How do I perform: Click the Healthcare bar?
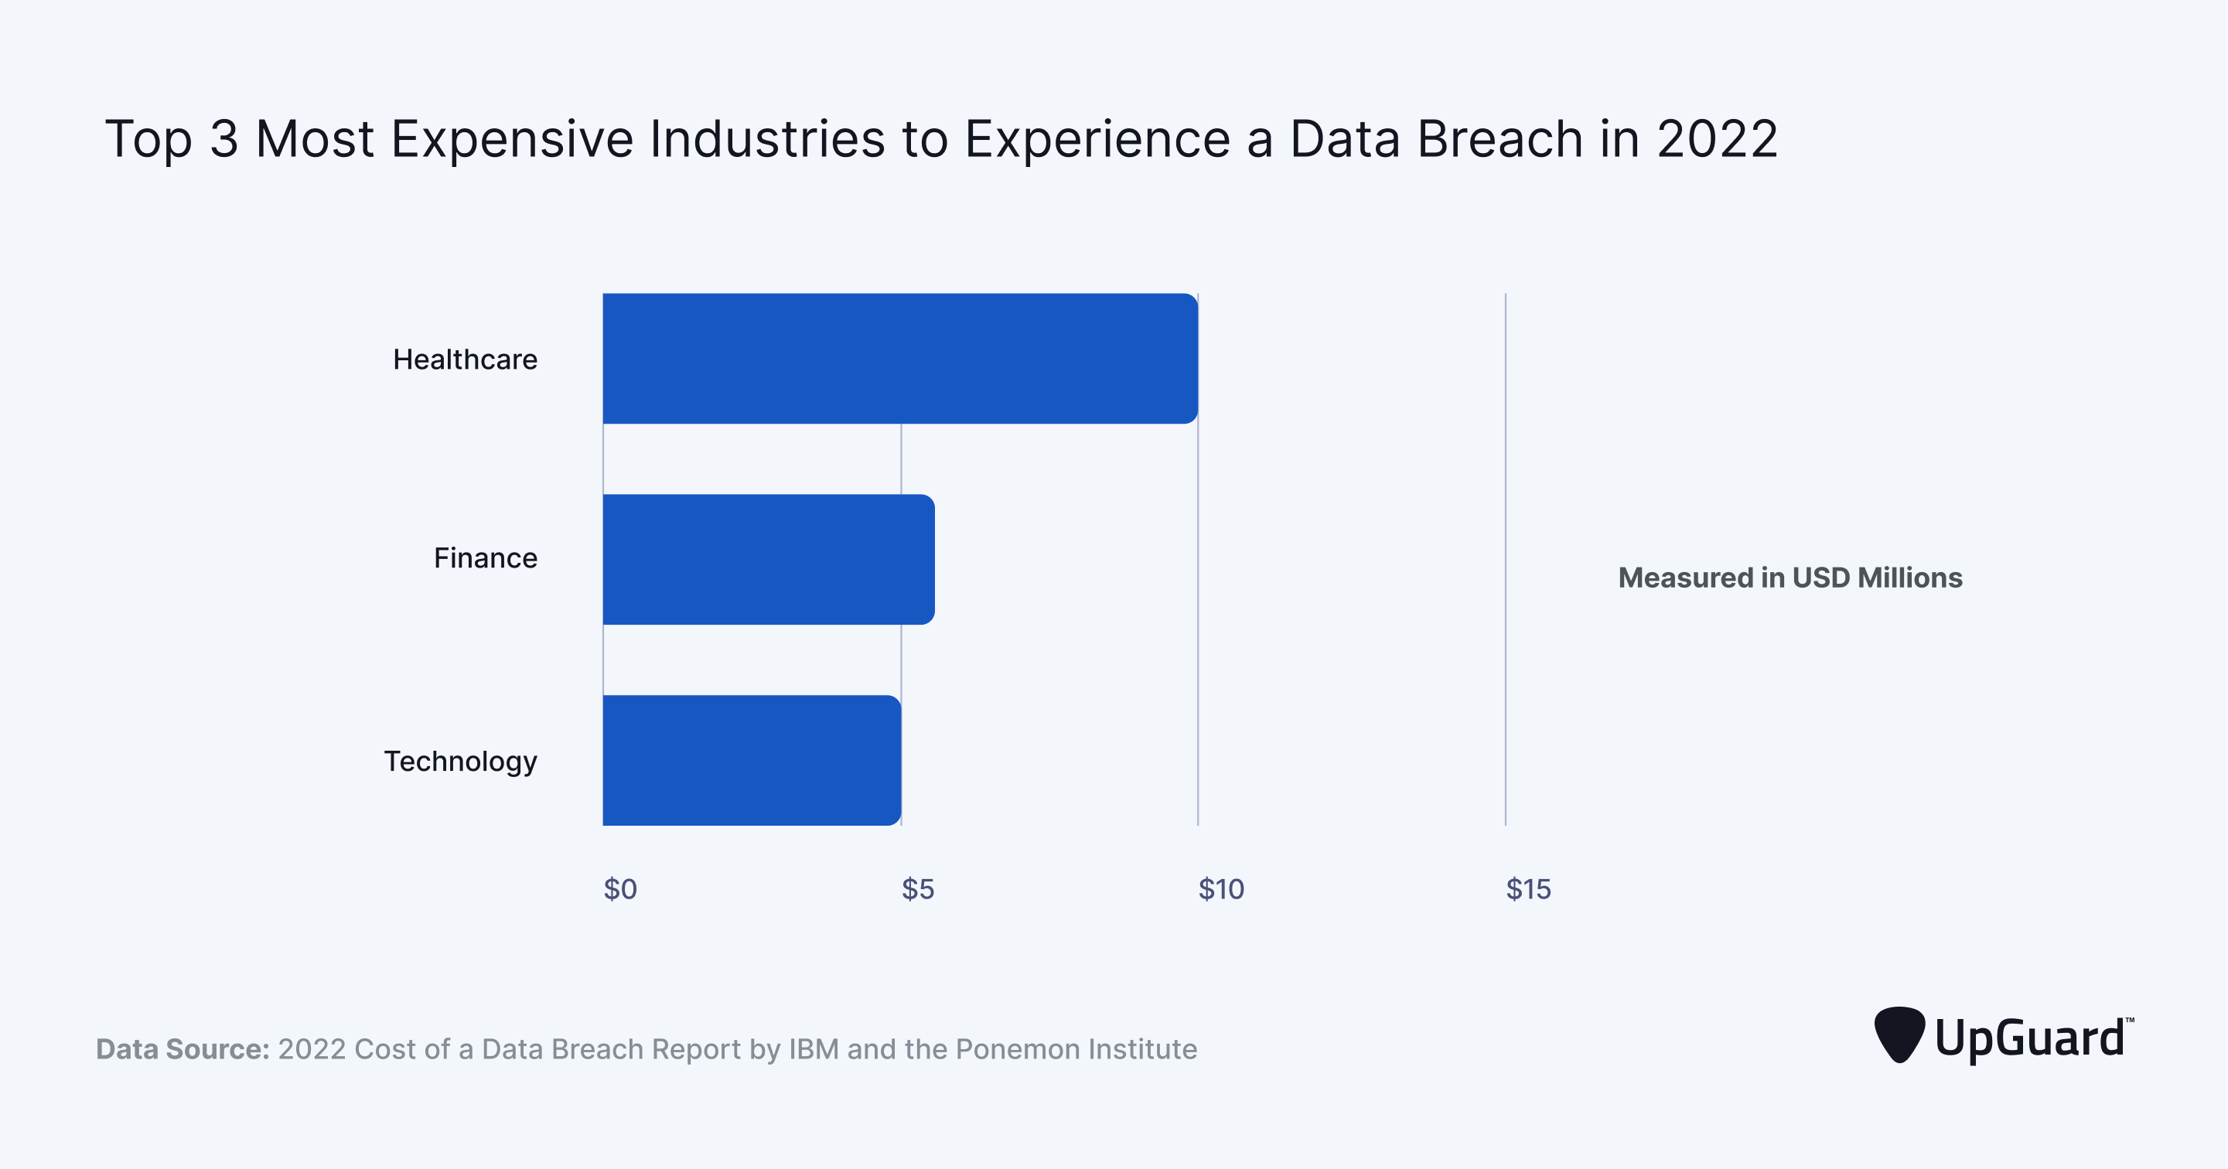click(x=899, y=358)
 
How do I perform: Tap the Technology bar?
click(x=751, y=759)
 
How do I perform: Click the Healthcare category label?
click(x=465, y=359)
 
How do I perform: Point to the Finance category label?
click(x=484, y=557)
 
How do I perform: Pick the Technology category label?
click(x=460, y=761)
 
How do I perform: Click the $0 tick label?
click(x=619, y=889)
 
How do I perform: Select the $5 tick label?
click(x=917, y=889)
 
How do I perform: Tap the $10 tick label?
click(x=1220, y=889)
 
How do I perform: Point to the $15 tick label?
click(x=1527, y=889)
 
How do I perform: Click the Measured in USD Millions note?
click(x=1790, y=578)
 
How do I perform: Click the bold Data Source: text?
click(x=183, y=1049)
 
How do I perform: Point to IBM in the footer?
click(x=813, y=1049)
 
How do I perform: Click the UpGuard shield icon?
click(x=1899, y=1033)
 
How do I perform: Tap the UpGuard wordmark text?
click(x=2029, y=1038)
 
